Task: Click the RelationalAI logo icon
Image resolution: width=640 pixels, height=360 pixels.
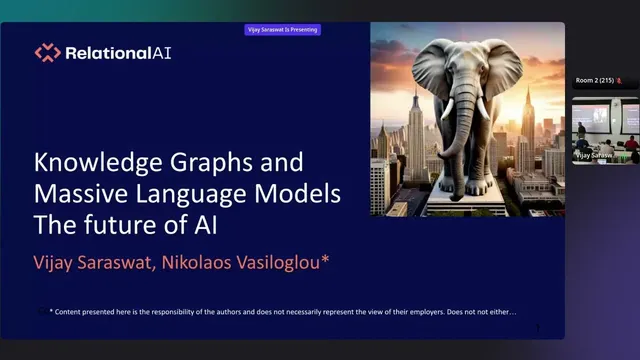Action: [47, 53]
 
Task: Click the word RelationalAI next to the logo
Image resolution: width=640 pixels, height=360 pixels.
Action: [117, 53]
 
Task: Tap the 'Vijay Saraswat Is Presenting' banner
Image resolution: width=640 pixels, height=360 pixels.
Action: [283, 30]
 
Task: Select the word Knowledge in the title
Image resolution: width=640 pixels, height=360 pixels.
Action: [88, 162]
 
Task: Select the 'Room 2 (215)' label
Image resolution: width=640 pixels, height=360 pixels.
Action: [597, 80]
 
